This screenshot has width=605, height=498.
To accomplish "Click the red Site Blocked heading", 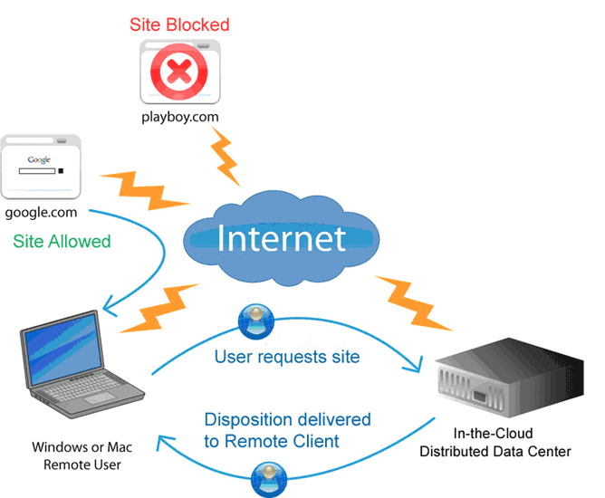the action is tap(179, 24).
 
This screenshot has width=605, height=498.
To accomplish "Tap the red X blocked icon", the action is tap(179, 72).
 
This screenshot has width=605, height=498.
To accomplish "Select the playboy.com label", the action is tap(180, 117).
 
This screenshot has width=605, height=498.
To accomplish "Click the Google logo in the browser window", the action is tap(39, 159).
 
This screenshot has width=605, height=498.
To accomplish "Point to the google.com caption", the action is tap(41, 213).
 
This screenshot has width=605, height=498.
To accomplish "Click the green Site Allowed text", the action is tap(62, 242).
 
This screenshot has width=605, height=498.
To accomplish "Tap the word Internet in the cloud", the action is tap(282, 238).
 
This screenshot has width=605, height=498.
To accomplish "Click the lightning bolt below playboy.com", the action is tap(225, 157).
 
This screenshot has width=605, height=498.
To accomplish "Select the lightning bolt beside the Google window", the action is tap(144, 190).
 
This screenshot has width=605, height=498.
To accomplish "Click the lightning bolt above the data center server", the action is tap(413, 303).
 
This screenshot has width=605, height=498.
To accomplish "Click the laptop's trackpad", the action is tap(100, 398).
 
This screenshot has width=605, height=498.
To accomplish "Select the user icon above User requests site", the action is tap(256, 321).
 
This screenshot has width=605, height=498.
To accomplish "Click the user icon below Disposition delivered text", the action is tap(269, 480).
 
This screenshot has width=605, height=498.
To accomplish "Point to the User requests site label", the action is tap(287, 357).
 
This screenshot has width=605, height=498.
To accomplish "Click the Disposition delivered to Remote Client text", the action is tap(287, 430).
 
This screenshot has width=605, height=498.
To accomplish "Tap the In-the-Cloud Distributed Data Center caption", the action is tap(495, 443).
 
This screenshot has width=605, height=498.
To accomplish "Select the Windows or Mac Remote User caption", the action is tap(82, 456).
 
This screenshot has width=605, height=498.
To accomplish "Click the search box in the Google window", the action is tap(37, 171).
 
